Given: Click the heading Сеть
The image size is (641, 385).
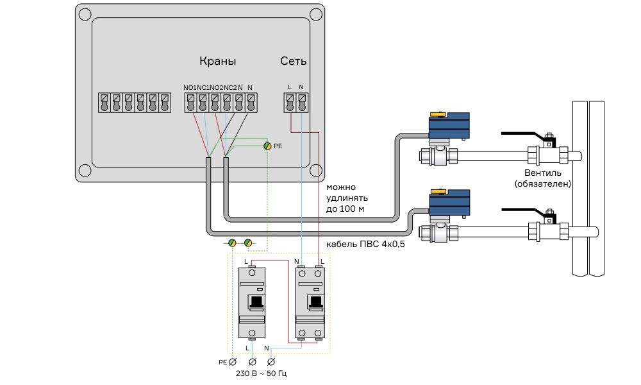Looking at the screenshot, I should point(293,62).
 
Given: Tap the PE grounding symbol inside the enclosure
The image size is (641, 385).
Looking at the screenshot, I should point(267,146).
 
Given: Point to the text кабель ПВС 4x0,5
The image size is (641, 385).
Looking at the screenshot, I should point(365,244).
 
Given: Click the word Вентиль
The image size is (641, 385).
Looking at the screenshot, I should point(543,173).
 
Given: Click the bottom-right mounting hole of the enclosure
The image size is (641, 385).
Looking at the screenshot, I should point(315,171).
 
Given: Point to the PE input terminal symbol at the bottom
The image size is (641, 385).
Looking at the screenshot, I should point(233,363).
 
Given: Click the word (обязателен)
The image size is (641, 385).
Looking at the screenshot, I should point(543,184).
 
